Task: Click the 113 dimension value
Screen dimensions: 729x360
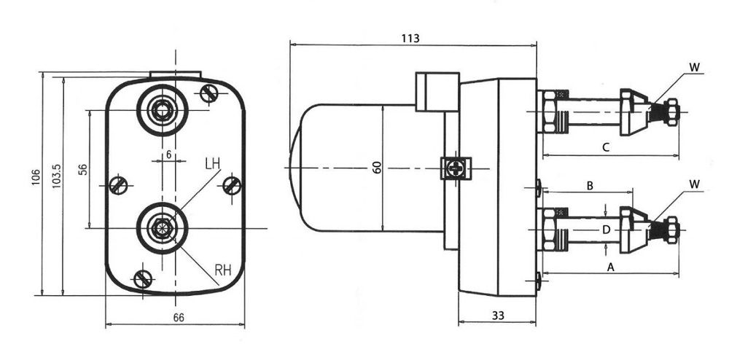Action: pos(410,38)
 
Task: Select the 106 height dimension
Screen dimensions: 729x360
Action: pos(36,177)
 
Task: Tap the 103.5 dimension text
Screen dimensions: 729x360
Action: pos(57,176)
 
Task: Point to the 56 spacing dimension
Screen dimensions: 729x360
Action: pos(83,169)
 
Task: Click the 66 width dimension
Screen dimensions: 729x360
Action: pos(179,317)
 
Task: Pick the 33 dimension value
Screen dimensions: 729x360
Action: pos(498,316)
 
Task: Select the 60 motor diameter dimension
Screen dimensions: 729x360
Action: pos(377,167)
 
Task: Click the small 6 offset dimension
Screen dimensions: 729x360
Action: pos(169,154)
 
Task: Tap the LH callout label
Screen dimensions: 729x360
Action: pos(212,163)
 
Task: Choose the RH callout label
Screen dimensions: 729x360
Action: pos(223,270)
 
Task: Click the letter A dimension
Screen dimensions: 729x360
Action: pos(612,267)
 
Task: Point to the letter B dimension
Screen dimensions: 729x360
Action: pos(590,186)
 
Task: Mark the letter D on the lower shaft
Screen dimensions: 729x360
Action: pos(606,230)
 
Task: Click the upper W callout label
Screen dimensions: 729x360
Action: pos(694,67)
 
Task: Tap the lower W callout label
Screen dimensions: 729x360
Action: pos(694,184)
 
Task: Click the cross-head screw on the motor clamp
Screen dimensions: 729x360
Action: pos(456,168)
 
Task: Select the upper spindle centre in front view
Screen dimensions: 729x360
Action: pos(163,110)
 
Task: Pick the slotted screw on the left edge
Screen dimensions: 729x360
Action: pos(118,186)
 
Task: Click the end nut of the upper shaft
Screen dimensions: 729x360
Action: pos(671,112)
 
